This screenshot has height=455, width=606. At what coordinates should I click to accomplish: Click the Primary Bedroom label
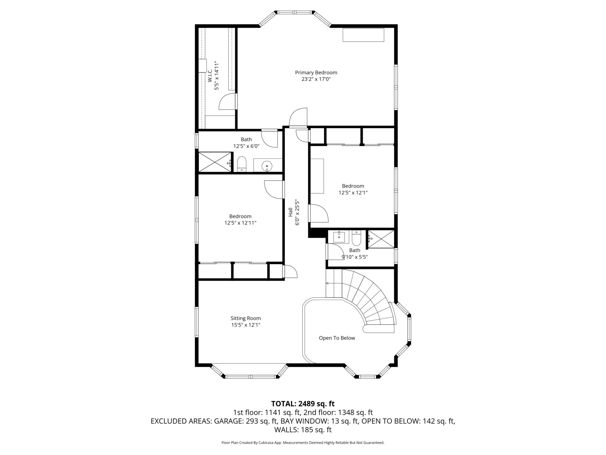(x=316, y=73)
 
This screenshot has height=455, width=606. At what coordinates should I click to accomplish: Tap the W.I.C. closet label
(x=210, y=76)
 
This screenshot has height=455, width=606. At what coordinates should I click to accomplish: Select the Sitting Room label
(x=246, y=318)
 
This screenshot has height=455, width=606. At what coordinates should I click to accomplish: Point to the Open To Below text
(x=337, y=338)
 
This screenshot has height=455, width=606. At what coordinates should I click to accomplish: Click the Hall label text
(x=290, y=212)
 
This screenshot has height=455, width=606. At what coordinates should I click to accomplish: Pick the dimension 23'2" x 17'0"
(x=316, y=79)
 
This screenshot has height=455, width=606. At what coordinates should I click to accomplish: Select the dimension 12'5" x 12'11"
(x=240, y=223)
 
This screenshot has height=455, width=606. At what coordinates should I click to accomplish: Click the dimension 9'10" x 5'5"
(x=354, y=257)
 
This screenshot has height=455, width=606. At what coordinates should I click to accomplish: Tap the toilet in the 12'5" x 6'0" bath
(x=242, y=164)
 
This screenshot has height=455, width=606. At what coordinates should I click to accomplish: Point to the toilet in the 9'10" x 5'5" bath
(x=356, y=239)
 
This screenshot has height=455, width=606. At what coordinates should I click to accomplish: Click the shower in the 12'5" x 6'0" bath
(x=214, y=162)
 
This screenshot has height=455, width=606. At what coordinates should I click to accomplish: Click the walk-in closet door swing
(x=227, y=101)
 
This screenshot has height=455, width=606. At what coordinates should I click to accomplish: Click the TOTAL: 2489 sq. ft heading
(x=303, y=404)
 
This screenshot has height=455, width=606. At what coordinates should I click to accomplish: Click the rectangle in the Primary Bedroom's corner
(x=364, y=35)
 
